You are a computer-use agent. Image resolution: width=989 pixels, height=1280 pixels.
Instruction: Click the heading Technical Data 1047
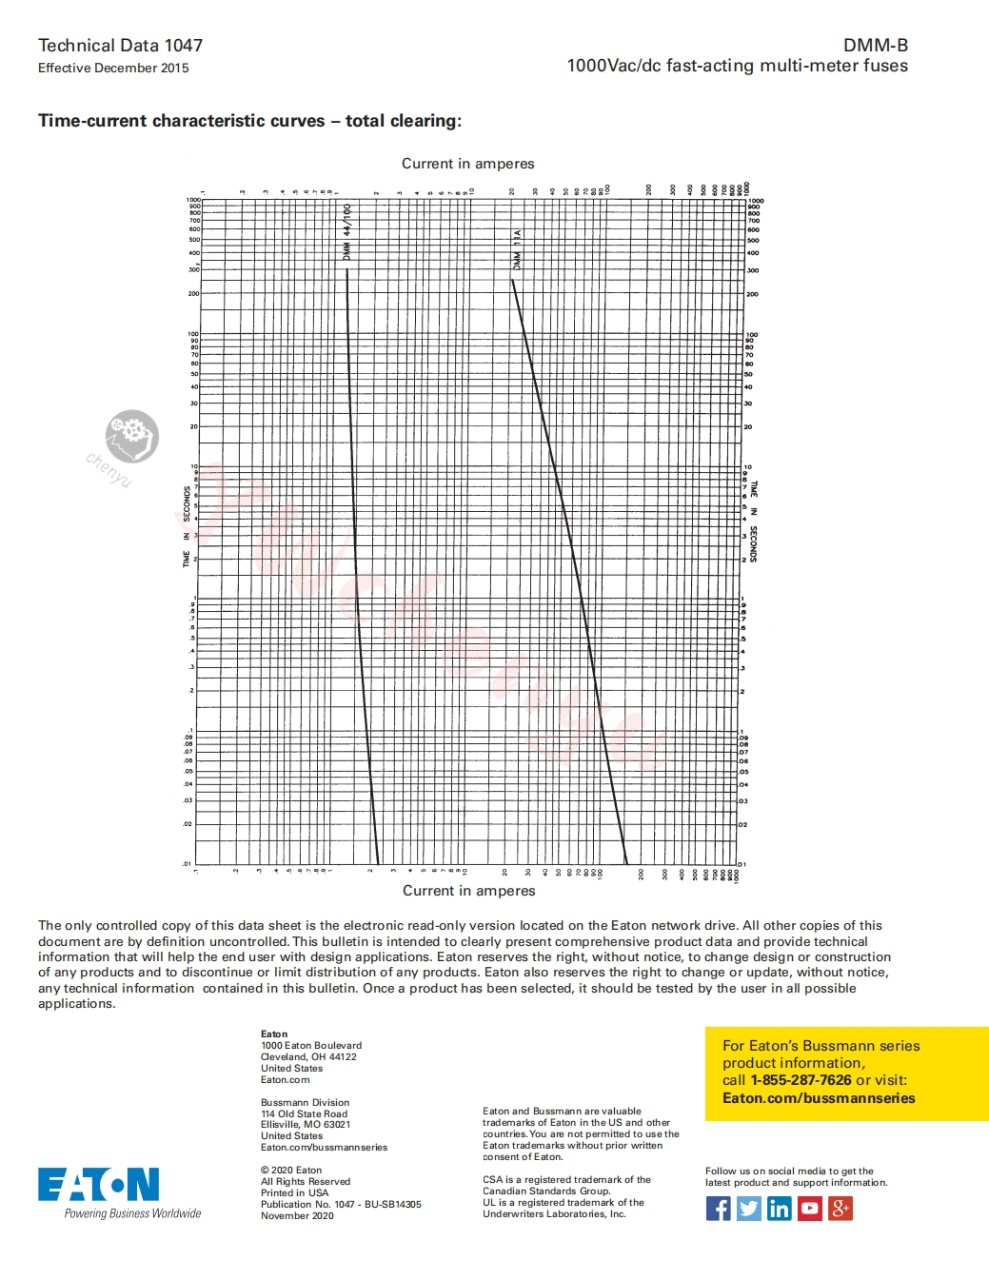120,45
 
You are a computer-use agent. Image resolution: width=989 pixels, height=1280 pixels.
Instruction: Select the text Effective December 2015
113,68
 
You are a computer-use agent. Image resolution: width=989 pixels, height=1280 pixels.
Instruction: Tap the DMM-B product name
875,45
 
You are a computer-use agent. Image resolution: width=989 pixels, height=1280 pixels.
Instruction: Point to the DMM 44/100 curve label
347,231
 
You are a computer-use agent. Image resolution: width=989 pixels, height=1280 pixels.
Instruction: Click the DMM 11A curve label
518,248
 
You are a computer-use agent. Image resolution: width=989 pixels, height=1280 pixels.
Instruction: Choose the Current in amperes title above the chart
467,164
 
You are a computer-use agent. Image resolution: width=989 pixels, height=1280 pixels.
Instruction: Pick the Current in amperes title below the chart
468,891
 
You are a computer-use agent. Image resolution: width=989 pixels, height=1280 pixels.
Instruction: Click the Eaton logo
98,1185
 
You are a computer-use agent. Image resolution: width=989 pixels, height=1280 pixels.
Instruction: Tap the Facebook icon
719,1209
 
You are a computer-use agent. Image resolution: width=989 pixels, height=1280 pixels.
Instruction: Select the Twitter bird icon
749,1209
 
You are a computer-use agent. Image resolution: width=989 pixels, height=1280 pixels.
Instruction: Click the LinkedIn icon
780,1209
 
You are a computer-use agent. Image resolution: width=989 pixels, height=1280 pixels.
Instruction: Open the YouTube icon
810,1209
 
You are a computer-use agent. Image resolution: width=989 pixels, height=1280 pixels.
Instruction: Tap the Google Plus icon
841,1209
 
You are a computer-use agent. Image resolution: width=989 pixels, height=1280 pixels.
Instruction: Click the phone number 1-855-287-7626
801,1080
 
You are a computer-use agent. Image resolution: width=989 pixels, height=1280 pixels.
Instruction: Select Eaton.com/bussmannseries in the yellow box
819,1098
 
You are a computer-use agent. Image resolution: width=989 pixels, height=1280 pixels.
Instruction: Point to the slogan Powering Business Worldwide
132,1213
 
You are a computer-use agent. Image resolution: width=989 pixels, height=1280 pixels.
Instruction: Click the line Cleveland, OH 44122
308,1056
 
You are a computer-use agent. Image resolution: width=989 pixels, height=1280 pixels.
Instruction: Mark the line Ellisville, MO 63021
306,1124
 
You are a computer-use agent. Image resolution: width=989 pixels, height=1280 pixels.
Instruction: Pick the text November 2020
297,1215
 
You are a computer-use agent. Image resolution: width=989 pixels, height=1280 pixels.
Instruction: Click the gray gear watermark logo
131,436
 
